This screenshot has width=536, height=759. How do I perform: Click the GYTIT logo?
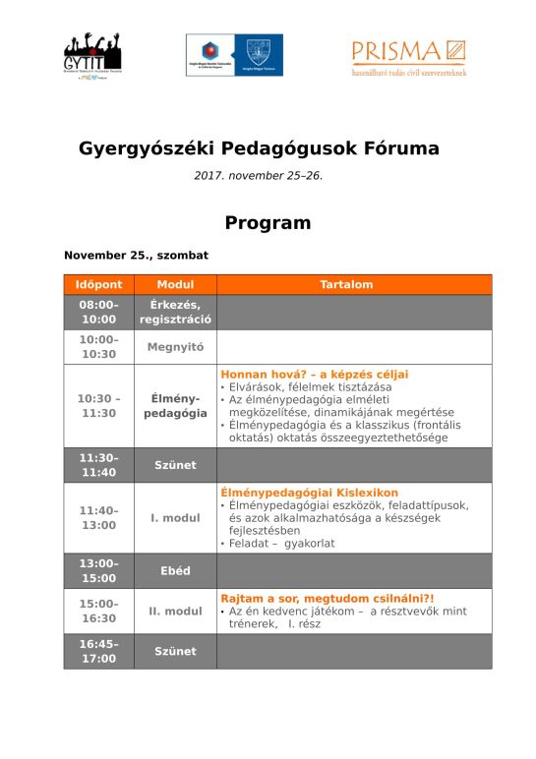point(92,56)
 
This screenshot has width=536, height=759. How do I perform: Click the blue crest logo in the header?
point(262,54)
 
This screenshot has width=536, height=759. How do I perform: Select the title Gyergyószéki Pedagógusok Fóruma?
point(259,149)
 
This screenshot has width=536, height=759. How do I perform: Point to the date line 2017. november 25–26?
point(258,176)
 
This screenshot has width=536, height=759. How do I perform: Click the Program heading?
point(268,223)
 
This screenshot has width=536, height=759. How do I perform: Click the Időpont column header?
point(98,285)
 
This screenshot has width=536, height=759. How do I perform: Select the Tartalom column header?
point(346,285)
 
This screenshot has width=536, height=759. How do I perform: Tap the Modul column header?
point(175,285)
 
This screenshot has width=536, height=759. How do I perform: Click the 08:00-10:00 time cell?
point(98,312)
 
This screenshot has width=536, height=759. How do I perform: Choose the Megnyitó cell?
point(175,347)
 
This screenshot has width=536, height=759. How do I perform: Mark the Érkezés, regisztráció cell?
point(175,312)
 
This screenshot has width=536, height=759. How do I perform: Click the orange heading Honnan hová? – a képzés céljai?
point(314,375)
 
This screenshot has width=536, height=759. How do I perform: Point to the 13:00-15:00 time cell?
point(98,570)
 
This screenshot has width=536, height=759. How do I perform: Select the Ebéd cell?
point(175,570)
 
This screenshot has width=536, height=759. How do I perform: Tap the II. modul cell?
point(175,612)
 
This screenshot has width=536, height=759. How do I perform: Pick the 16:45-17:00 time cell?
point(98,651)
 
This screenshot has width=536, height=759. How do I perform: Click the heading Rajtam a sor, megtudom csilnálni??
point(327,597)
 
